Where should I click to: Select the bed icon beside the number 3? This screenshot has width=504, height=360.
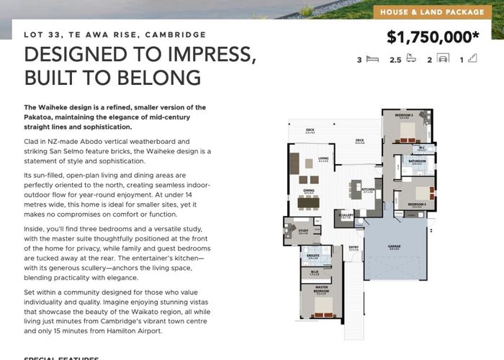tap(372, 60)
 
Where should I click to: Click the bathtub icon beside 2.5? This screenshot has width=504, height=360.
tap(411, 60)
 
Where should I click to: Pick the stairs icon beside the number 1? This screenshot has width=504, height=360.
tap(473, 60)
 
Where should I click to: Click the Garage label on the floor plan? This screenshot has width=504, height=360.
tap(395, 246)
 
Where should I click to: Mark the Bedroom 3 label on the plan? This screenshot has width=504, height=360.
tap(417, 204)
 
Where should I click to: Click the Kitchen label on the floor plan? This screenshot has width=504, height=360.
tap(367, 189)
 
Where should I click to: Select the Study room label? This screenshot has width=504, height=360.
tap(303, 231)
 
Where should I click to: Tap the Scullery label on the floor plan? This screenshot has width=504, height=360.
tap(345, 215)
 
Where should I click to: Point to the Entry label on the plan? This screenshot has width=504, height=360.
tap(354, 248)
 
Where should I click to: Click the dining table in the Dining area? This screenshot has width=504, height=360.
tap(308, 202)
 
